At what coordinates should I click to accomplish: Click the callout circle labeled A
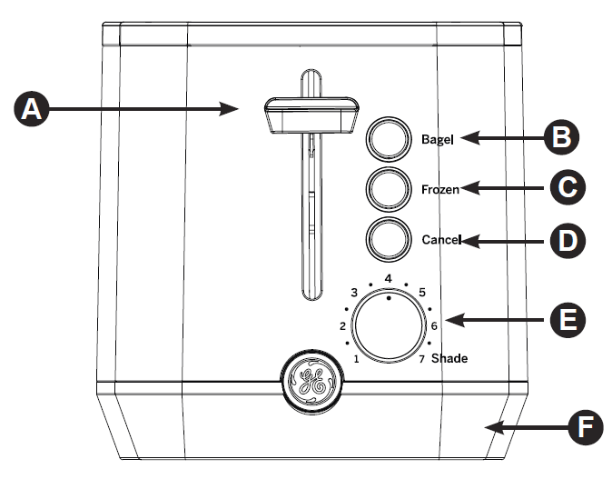[x=32, y=109]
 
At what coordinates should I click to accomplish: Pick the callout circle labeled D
[x=568, y=241]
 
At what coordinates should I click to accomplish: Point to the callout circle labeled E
[x=568, y=320]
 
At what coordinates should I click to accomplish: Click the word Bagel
[x=439, y=139]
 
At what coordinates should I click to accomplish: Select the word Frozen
[x=440, y=189]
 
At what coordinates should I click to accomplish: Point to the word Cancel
[x=441, y=240]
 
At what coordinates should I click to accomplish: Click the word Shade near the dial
[x=449, y=358]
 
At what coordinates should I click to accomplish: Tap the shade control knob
[x=389, y=327]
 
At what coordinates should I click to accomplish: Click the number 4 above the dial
[x=388, y=278]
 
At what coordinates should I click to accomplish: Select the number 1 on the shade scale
[x=356, y=359]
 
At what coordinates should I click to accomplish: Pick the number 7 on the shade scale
[x=422, y=359]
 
